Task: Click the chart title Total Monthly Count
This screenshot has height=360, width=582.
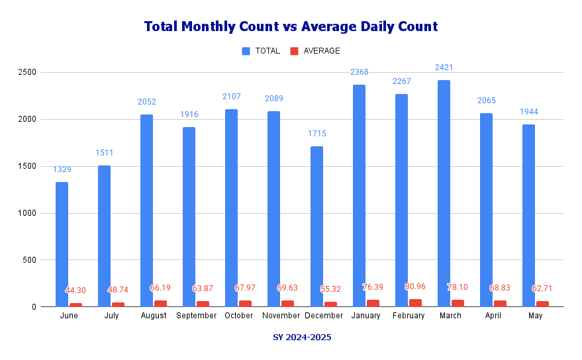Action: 291,26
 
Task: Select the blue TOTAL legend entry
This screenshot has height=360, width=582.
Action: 261,51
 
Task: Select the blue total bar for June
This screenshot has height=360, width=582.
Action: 62,244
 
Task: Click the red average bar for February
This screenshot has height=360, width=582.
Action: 415,303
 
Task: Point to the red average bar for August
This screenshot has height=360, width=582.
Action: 161,304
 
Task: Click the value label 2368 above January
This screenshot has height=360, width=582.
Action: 360,71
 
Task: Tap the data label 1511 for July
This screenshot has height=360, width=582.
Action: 105,152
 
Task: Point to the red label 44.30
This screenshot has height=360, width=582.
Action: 75,291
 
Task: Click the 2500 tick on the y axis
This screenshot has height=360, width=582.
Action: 28,72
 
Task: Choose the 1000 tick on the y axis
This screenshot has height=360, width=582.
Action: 28,213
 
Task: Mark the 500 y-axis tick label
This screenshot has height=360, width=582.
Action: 30,260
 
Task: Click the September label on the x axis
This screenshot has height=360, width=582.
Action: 196,316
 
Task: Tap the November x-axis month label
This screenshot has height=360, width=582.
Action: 281,316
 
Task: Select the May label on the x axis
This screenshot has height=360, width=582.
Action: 536,316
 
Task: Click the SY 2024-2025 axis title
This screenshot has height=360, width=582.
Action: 302,337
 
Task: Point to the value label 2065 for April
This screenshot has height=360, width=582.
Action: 486,101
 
